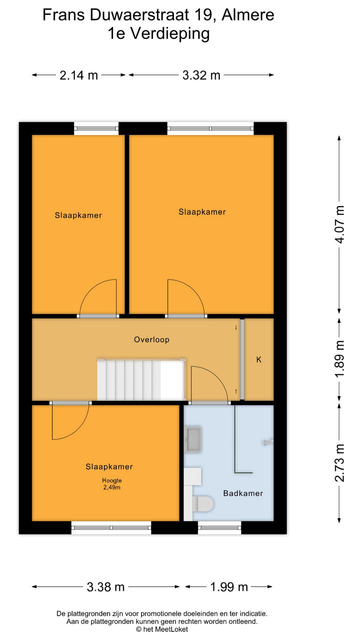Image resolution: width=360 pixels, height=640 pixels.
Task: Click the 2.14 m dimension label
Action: coord(79,75)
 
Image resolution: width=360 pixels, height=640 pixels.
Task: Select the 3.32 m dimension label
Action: coord(201,75)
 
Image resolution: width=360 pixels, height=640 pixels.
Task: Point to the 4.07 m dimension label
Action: coord(340,224)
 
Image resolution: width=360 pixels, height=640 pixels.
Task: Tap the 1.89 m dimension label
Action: coord(340,359)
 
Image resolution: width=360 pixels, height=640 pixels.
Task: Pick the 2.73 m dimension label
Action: coord(340,463)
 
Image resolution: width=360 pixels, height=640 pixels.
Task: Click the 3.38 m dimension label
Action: coord(106,587)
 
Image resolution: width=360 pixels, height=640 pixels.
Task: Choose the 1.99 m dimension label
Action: coord(229,587)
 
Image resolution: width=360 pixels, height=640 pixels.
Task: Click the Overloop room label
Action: coord(152,340)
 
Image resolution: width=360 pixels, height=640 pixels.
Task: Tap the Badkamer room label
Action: coord(243,493)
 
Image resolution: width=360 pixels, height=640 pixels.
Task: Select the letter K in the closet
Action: coord(259,360)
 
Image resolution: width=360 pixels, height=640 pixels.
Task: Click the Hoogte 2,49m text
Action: coord(112,484)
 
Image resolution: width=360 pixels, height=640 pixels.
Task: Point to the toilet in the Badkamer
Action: coord(203,504)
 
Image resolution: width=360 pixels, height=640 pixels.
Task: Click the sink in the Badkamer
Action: coord(193,439)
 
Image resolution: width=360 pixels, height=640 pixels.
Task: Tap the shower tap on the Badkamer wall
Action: coord(268,442)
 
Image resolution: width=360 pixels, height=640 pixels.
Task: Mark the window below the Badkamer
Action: coord(219,528)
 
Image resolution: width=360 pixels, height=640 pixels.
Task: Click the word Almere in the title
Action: coord(248,15)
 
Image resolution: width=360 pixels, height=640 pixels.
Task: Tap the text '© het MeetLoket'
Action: coord(162,629)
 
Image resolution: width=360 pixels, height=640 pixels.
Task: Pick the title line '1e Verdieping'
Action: coord(159,34)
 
